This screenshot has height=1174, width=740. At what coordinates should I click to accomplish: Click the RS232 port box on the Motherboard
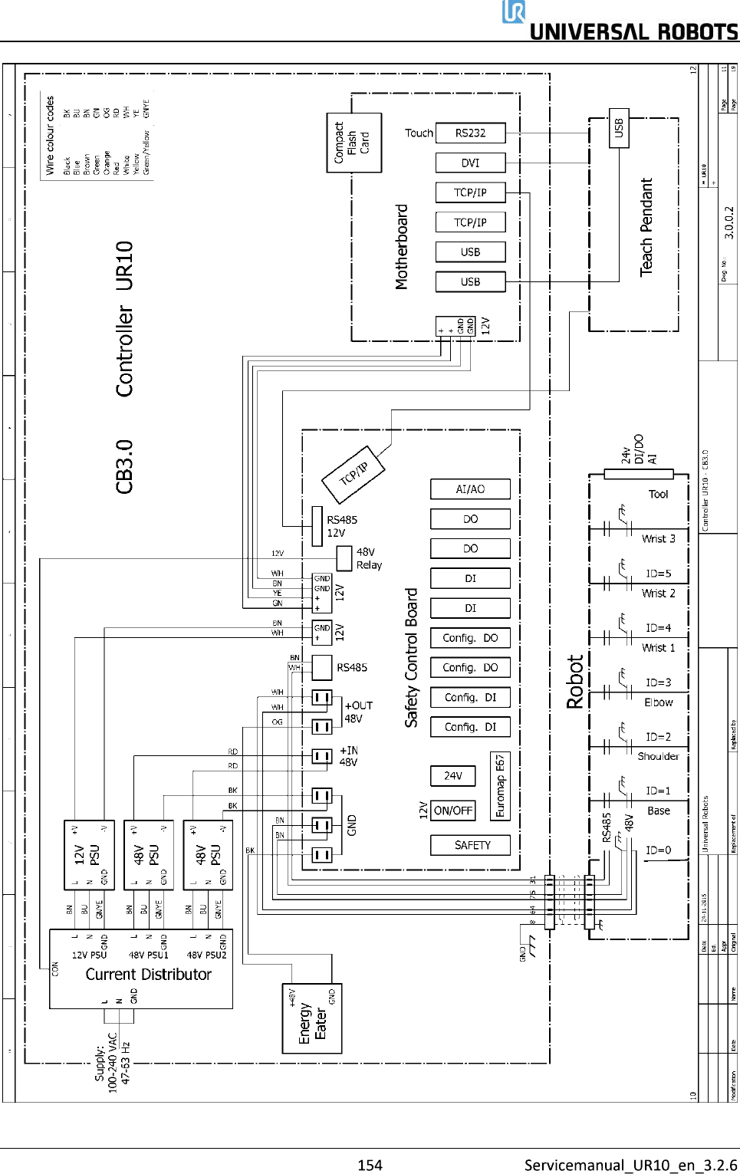470,133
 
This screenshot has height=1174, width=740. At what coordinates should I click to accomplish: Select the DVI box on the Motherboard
470,163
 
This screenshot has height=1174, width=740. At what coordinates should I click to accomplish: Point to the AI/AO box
470,489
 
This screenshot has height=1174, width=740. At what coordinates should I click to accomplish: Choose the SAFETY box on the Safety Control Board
472,845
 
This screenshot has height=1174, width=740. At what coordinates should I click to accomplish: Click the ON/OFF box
453,811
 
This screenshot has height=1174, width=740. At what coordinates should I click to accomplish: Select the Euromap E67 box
500,785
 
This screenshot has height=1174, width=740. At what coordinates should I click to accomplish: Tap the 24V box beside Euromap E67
453,776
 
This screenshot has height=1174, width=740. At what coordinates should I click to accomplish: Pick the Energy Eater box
312,1018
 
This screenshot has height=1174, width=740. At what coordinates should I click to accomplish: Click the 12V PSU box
89,855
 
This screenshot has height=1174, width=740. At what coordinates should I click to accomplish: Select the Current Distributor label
148,975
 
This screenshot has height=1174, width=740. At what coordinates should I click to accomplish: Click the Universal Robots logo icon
514,12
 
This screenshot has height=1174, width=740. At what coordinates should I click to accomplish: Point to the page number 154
370,1165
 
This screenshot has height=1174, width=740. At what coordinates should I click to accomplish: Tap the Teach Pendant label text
646,227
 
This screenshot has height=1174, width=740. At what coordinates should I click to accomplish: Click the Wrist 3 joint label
658,538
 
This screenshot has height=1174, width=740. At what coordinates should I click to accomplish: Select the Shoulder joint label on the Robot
658,756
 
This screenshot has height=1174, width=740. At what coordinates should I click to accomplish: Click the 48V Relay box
344,557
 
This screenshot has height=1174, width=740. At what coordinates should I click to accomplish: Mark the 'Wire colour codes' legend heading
50,135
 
